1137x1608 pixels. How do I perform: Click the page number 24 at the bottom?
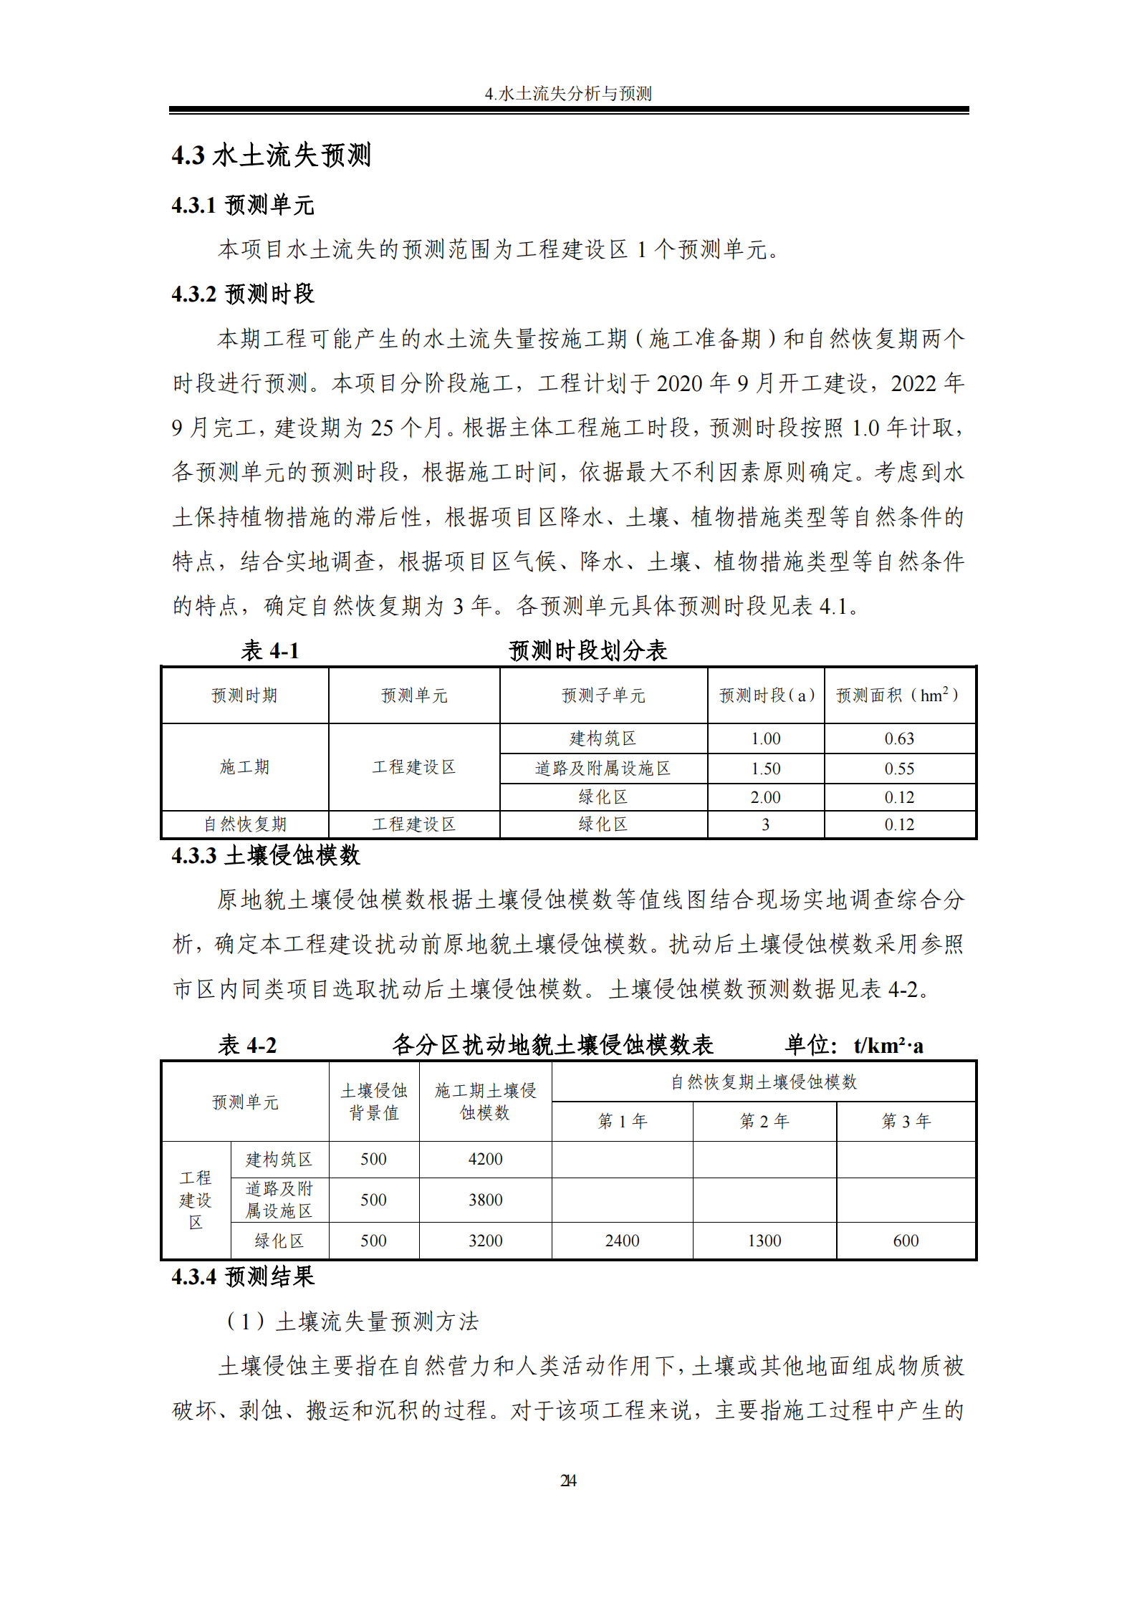pos(568,1480)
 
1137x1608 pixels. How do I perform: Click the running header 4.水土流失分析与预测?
pos(568,94)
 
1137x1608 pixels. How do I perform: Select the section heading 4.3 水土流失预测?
pos(271,155)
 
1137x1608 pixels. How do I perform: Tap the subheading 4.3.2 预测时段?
pos(243,294)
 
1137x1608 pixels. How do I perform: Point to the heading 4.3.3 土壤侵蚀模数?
pos(266,855)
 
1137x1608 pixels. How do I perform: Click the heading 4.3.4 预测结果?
pos(243,1276)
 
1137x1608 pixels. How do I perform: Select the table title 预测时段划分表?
pos(587,650)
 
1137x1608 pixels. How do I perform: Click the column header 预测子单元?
pos(603,695)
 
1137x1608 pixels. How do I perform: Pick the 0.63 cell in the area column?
pos(899,738)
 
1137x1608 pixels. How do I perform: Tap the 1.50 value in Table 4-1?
pos(765,769)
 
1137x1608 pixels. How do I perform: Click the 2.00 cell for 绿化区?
pos(765,797)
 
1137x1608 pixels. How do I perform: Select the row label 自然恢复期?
pos(245,824)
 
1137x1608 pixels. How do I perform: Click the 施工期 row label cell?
pos(245,767)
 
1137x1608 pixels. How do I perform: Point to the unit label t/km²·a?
pos(888,1046)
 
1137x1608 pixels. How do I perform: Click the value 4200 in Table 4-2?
pos(485,1159)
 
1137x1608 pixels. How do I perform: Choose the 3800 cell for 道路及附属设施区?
pos(485,1200)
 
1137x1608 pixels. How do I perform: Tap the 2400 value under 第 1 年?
pos(622,1241)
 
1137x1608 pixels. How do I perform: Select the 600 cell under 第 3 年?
pos(906,1241)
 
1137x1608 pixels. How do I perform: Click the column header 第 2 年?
pos(764,1121)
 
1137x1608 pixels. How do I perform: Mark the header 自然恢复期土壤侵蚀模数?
pos(764,1082)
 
